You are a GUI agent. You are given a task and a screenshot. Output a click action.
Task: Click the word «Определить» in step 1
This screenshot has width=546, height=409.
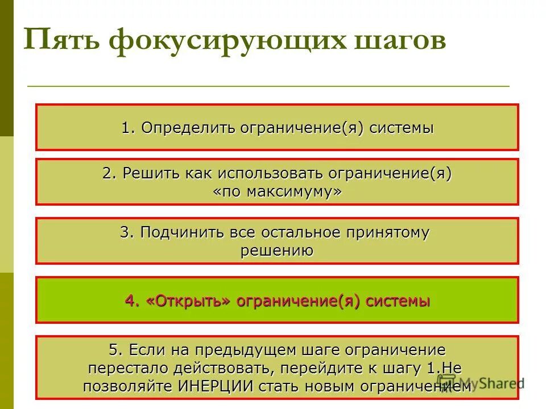click(188, 128)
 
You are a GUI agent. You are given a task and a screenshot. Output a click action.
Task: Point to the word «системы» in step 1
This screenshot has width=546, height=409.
click(402, 128)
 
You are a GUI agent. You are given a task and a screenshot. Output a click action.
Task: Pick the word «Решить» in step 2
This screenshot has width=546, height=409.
click(148, 173)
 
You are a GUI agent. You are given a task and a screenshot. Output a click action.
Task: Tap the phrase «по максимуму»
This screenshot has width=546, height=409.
click(278, 192)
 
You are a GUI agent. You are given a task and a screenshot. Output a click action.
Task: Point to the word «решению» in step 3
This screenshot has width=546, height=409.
click(277, 251)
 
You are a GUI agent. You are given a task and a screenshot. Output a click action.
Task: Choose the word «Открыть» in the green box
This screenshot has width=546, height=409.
click(188, 301)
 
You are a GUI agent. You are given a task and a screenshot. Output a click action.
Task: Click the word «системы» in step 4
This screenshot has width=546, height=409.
click(398, 301)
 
